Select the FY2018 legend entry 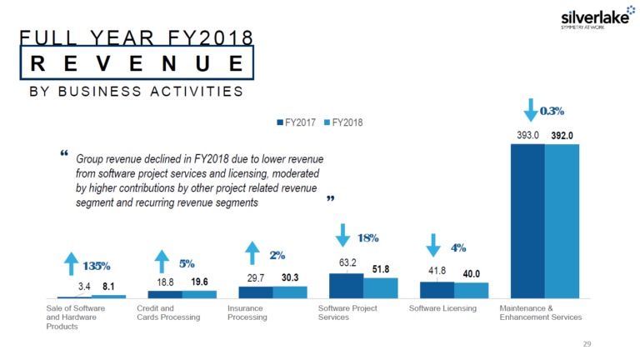(x=343, y=122)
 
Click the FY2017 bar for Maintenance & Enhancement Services (x=527, y=221)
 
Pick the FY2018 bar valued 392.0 (x=562, y=221)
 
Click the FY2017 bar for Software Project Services (x=346, y=285)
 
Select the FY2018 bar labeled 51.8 (x=380, y=287)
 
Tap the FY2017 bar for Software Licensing (x=437, y=289)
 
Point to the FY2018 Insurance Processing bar (x=290, y=292)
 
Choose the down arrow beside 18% (x=342, y=237)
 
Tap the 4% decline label (x=457, y=247)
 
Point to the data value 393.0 (x=527, y=135)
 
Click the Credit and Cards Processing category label (x=168, y=312)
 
